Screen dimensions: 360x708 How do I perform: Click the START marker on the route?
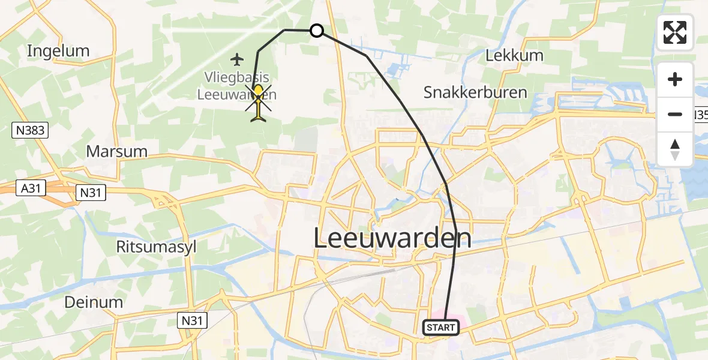tap(441, 328)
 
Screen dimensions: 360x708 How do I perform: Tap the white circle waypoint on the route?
tap(316, 31)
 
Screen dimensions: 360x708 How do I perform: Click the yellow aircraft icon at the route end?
tap(258, 102)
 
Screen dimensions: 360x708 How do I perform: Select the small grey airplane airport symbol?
tap(238, 59)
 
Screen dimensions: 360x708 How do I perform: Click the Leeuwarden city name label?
tap(392, 239)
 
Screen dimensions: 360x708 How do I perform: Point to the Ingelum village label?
tap(58, 51)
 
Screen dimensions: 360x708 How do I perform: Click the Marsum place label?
tap(117, 151)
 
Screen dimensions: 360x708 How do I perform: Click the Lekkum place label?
tap(514, 56)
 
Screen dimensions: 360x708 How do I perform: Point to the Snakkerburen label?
tap(475, 92)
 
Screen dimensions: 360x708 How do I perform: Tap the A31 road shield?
tap(31, 188)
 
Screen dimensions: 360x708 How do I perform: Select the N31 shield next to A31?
tap(91, 193)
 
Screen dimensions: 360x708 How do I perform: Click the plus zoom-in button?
tap(675, 80)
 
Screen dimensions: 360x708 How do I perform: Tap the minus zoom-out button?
tap(675, 115)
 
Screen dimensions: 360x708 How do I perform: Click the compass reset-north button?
tap(675, 149)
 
